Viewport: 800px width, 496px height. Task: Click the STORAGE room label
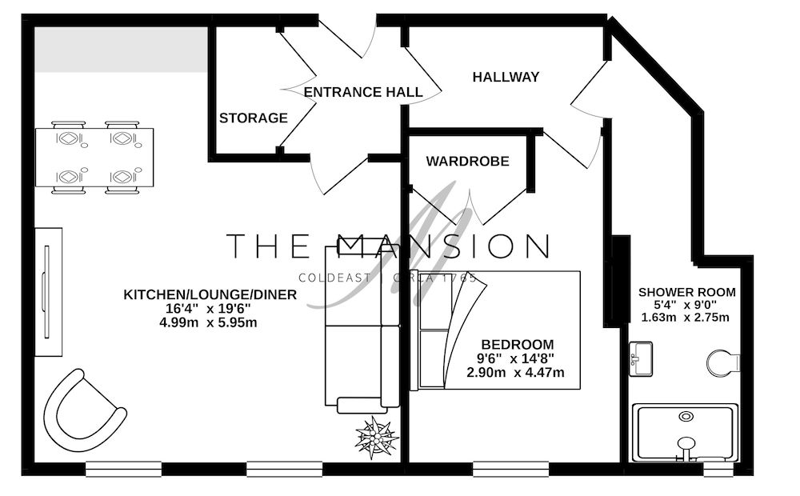[x=254, y=118]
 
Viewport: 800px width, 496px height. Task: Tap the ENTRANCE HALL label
[x=363, y=92]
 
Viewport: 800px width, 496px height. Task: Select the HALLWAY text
[x=506, y=78]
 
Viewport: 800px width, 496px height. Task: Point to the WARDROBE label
[x=467, y=162]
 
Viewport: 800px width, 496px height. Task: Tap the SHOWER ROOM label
[x=686, y=292]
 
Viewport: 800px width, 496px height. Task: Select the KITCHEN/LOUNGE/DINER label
[x=210, y=295]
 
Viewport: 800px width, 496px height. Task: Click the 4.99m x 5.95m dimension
[x=210, y=322]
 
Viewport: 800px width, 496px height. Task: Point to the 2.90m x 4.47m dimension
[x=516, y=372]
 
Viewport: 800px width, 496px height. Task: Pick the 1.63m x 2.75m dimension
[x=686, y=317]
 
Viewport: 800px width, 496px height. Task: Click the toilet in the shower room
[x=722, y=363]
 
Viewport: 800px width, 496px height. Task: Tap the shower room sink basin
[x=641, y=358]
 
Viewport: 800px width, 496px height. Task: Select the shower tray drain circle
[x=686, y=417]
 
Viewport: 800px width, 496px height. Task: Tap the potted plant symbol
[x=376, y=437]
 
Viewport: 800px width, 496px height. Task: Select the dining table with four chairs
[x=94, y=157]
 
